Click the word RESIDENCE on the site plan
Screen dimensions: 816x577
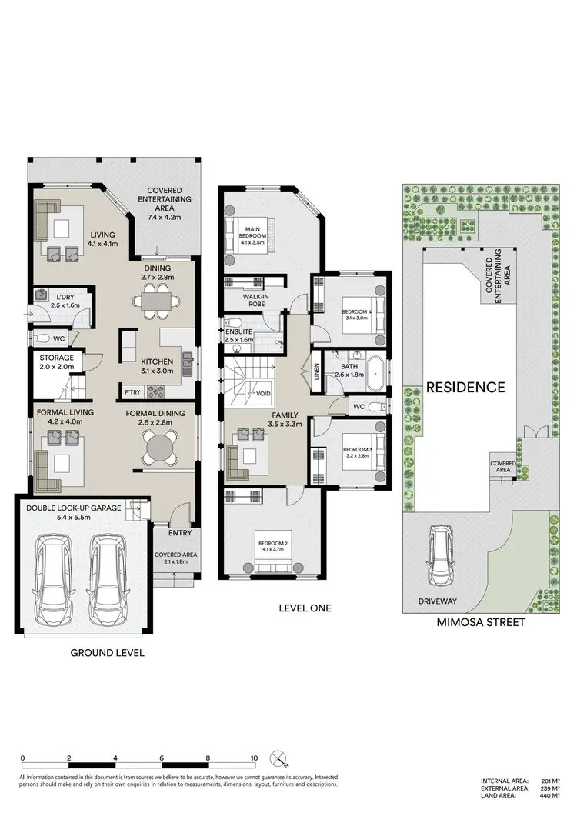click(466, 387)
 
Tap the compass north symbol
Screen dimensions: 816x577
click(282, 759)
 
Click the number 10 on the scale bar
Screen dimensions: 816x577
click(254, 758)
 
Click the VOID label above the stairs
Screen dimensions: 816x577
click(264, 394)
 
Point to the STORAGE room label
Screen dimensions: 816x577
click(57, 358)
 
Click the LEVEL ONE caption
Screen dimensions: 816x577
click(304, 608)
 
